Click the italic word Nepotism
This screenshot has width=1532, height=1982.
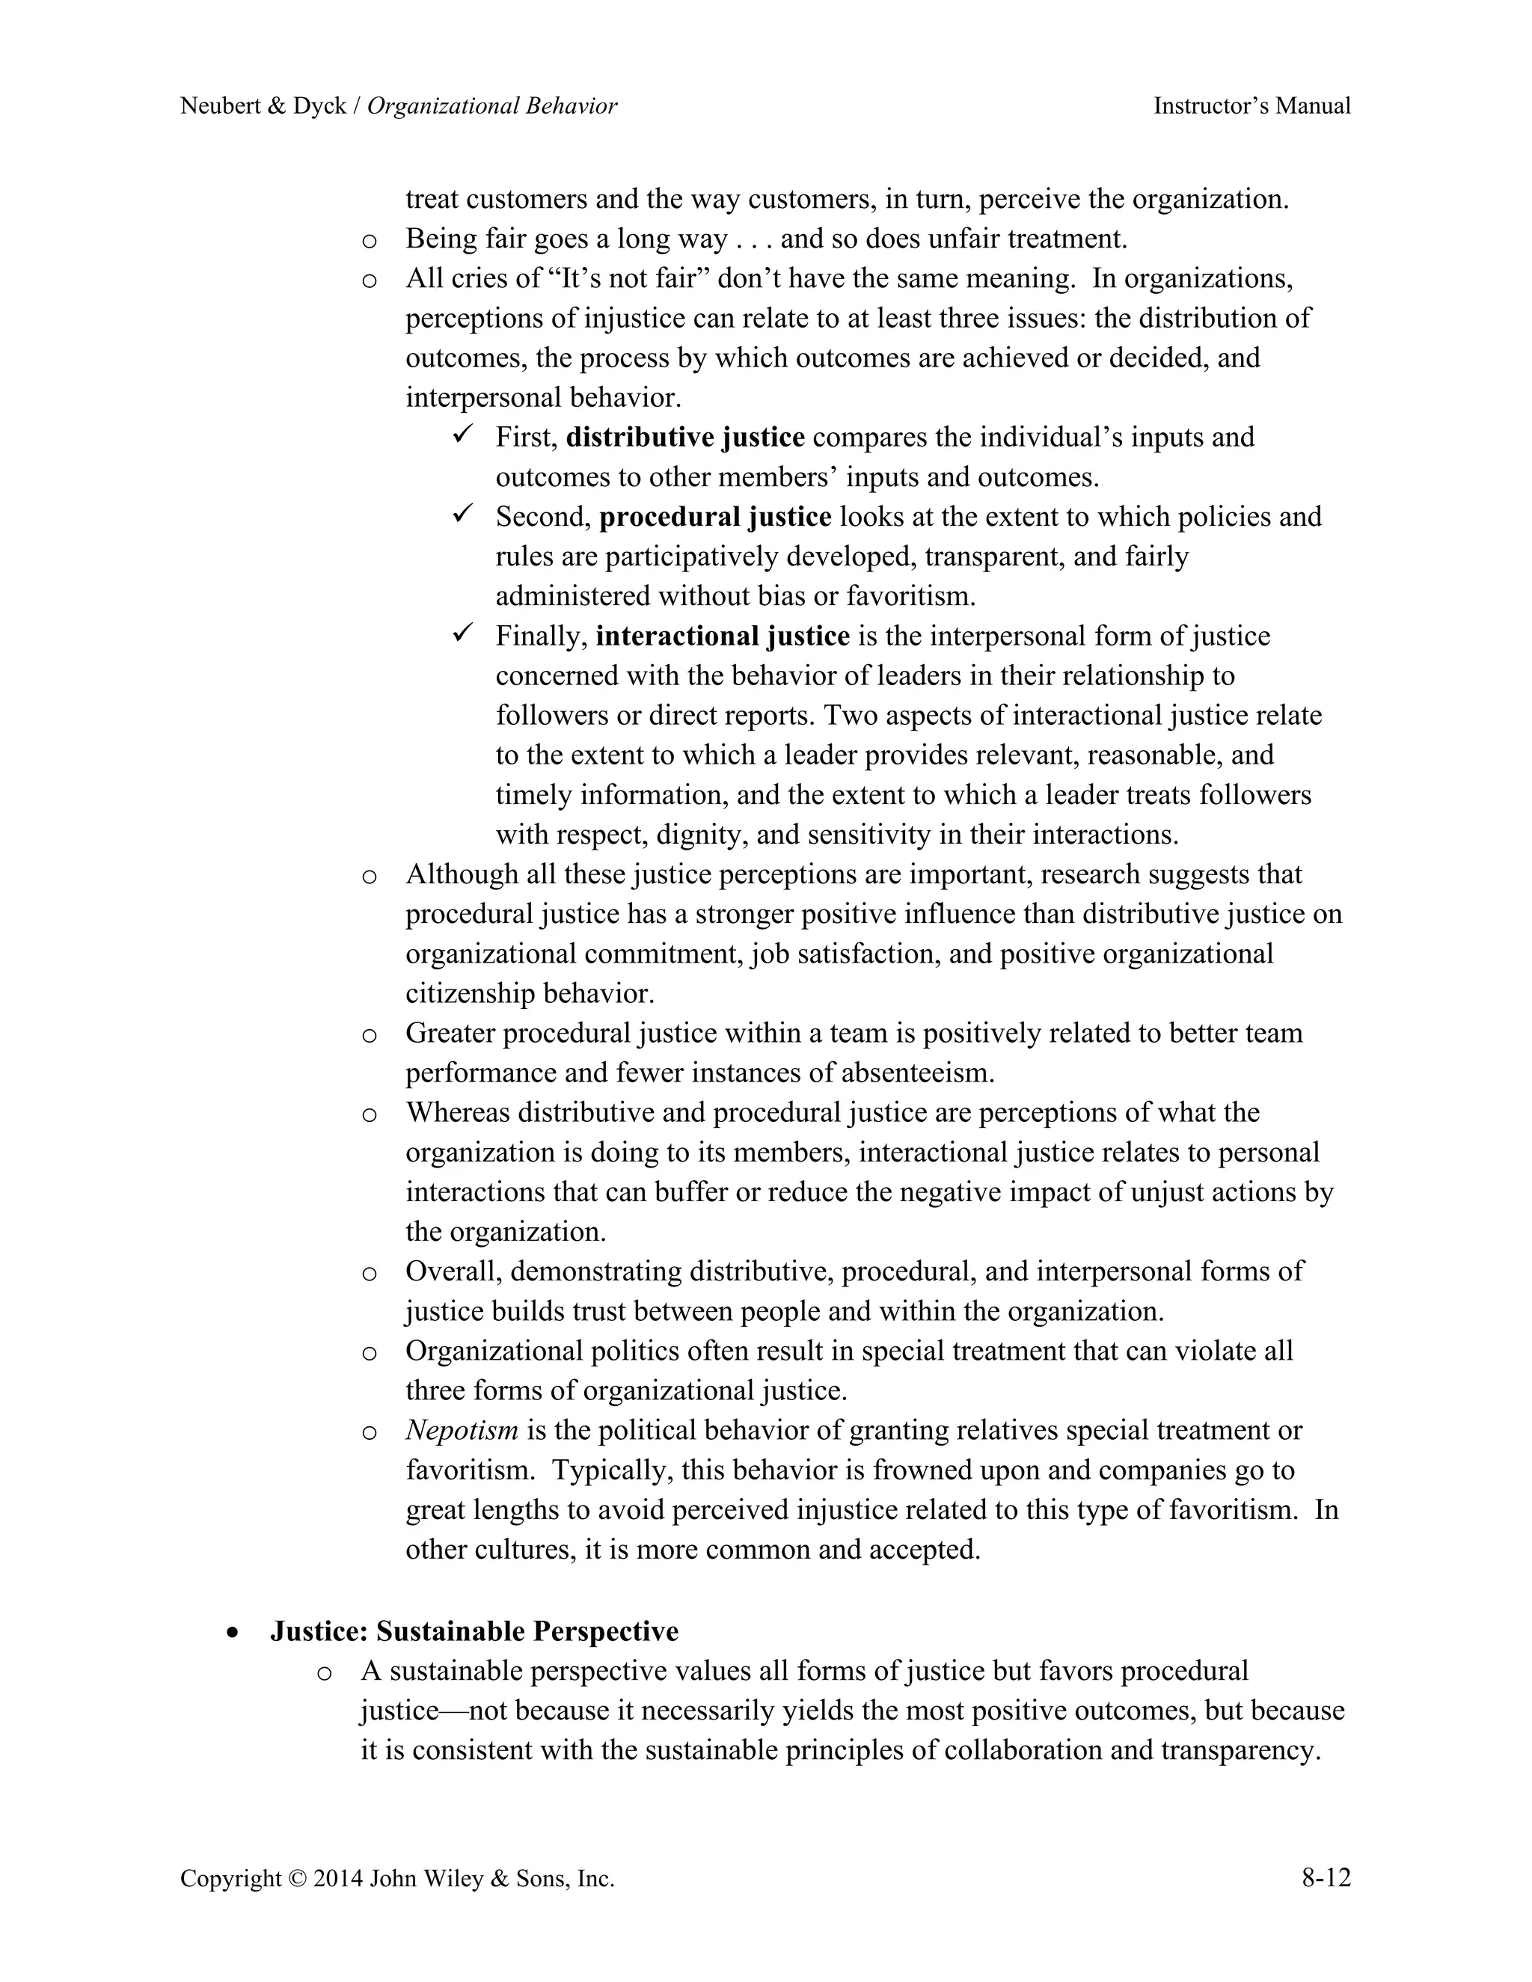(461, 1430)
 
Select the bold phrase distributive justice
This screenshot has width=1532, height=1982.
(685, 438)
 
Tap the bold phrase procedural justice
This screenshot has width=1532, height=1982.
(715, 518)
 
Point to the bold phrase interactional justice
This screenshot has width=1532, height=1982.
(723, 636)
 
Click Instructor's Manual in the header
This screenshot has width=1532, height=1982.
(1251, 106)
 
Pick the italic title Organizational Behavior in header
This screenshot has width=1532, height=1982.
(492, 106)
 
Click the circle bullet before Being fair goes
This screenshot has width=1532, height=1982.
(370, 242)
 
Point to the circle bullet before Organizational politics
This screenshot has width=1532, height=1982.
(370, 1353)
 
